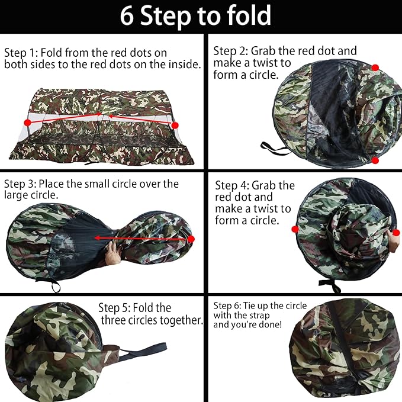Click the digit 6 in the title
point(127,16)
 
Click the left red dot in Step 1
point(27,123)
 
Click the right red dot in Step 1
point(175,126)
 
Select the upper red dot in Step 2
point(375,68)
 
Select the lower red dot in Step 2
point(375,160)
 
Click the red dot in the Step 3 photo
point(191,239)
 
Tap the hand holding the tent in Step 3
point(113,254)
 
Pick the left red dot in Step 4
point(295,229)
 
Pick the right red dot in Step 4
point(396,233)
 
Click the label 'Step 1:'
point(21,53)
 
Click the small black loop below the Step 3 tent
point(56,287)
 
